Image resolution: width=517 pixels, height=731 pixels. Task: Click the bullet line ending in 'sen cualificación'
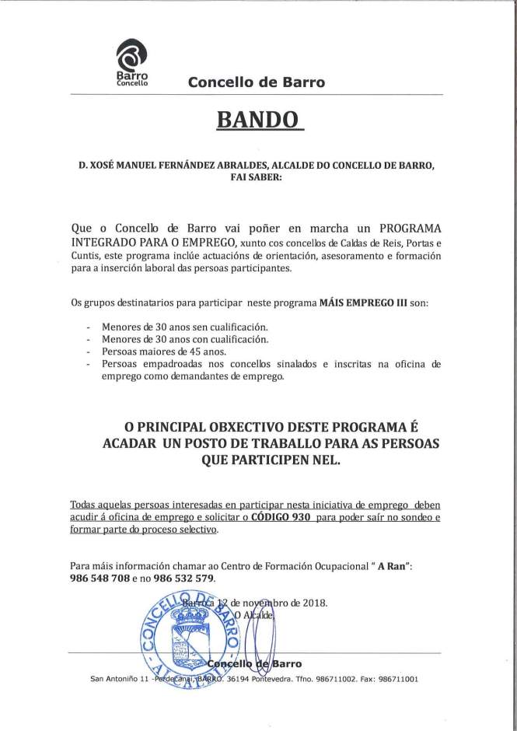coord(184,327)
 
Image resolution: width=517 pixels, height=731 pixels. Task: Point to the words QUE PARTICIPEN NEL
coord(257,460)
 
